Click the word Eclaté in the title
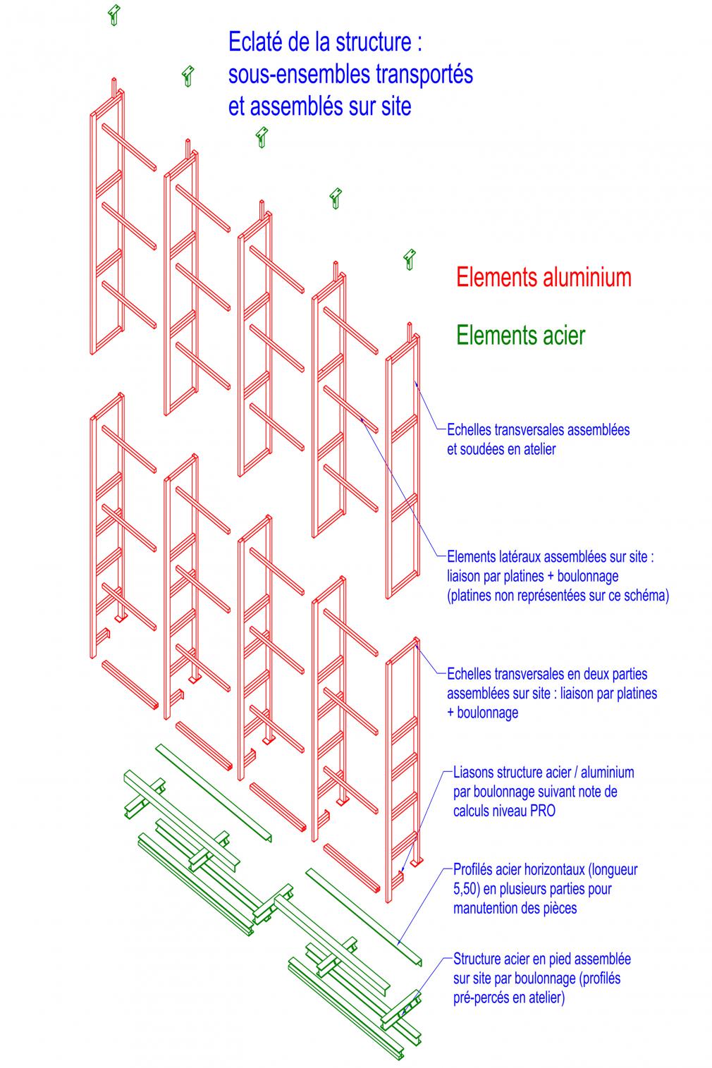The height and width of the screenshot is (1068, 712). (254, 42)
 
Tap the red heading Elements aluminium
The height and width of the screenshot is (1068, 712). (544, 278)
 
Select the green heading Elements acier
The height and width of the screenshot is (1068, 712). (521, 335)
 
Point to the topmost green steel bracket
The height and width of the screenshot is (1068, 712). (114, 15)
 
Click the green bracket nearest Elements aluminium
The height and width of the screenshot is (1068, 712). (410, 259)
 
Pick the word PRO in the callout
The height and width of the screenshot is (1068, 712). (543, 811)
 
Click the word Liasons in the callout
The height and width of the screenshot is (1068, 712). (474, 772)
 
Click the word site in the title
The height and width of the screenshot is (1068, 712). (396, 106)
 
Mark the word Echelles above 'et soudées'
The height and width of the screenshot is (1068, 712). (469, 429)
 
